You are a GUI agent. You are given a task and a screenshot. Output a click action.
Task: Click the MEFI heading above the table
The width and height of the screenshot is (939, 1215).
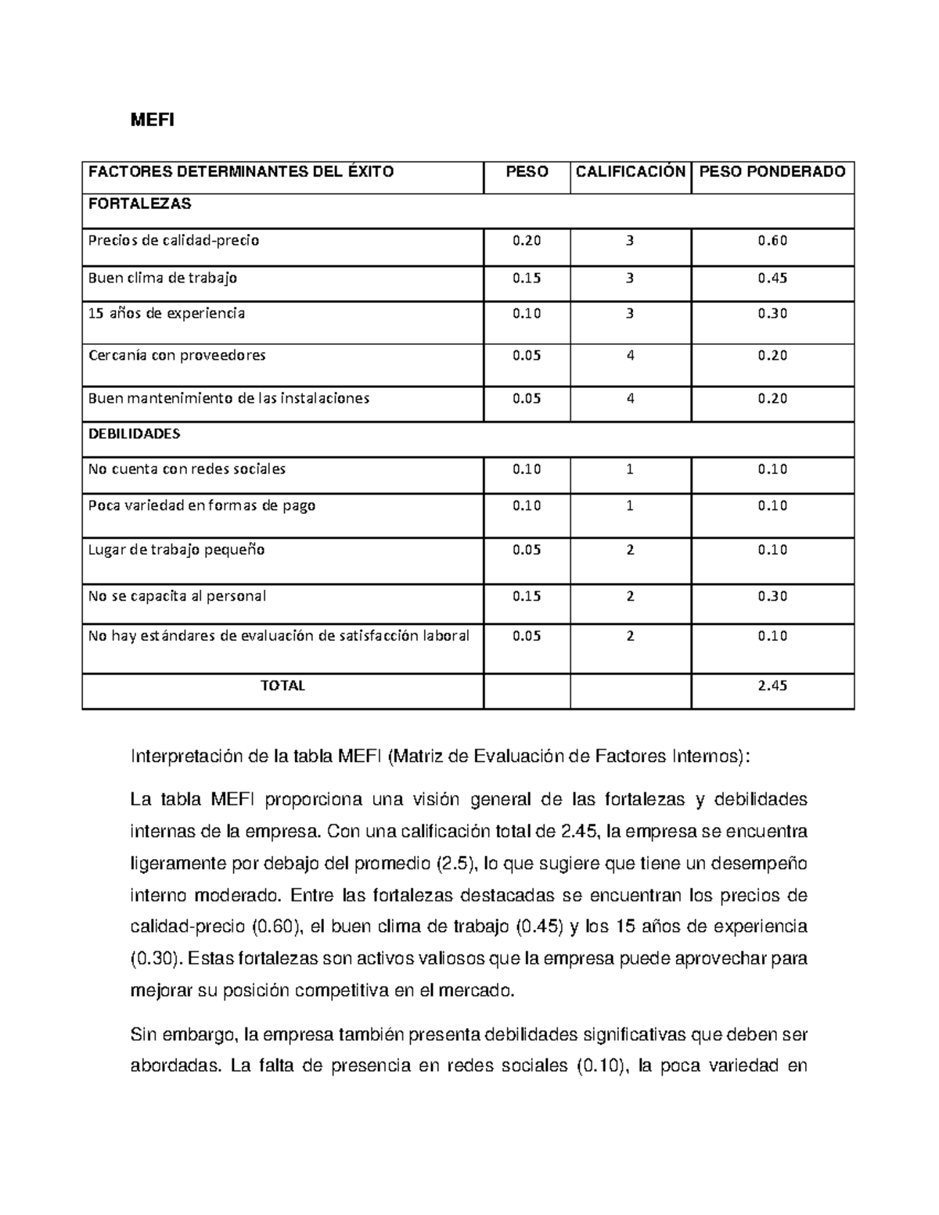coord(152,120)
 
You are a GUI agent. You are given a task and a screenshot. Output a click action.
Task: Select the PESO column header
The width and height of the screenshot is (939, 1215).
coord(527,171)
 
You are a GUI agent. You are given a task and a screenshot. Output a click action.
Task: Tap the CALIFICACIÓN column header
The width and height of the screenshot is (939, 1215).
coord(631,171)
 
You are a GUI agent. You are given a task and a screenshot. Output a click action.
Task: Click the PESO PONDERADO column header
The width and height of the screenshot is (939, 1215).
coord(772,171)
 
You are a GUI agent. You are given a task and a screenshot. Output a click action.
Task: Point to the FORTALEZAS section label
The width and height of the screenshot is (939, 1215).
coord(139,203)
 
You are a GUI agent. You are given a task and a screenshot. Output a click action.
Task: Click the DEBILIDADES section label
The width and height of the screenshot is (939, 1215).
coord(134,433)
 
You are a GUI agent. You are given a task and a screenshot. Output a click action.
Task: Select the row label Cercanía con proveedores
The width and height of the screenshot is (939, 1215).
coord(177,355)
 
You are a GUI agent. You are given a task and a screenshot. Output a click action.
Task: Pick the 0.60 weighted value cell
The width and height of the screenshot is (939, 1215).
coord(772,241)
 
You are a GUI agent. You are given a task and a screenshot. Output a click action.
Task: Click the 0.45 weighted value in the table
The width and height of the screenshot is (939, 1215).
coord(772,278)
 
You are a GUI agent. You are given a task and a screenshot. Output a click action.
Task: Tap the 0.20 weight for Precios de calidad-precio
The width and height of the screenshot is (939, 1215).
coord(527,241)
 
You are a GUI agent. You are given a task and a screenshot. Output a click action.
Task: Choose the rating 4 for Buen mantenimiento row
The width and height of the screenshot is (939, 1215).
coord(631,398)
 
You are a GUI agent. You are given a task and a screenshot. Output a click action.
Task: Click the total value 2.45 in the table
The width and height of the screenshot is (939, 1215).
coord(772,685)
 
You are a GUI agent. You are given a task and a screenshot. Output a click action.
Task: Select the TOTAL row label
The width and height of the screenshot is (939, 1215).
coord(282,685)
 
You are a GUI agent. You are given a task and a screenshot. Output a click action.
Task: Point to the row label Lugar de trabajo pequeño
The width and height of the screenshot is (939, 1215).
coord(176,549)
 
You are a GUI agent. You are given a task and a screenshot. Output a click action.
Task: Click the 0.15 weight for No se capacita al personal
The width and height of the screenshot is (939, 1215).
coord(527,596)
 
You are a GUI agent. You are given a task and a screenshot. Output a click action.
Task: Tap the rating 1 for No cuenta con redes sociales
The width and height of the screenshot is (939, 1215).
coord(631,469)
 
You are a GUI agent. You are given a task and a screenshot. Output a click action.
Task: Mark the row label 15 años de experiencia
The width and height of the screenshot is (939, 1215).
coord(166,313)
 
